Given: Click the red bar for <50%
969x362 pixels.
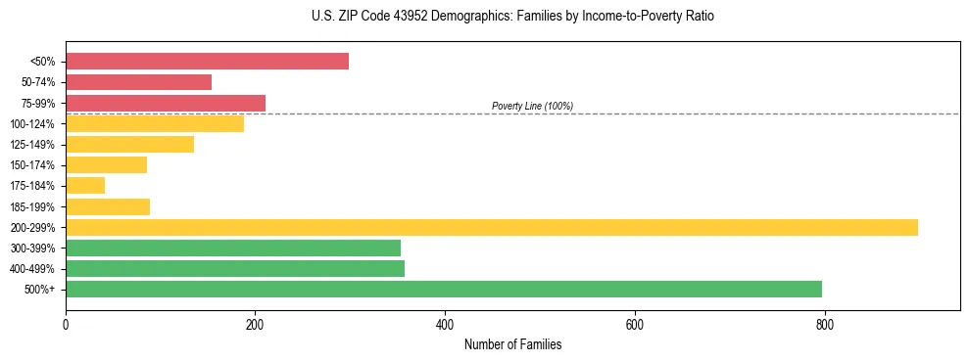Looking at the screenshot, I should tap(207, 62).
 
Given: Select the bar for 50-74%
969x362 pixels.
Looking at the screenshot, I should tap(138, 82).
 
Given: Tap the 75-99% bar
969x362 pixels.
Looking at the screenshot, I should tap(166, 103).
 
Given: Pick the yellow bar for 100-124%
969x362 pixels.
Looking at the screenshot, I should tap(155, 123).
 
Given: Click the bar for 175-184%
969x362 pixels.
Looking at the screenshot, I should tap(85, 185).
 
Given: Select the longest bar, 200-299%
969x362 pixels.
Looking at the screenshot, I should tap(492, 227).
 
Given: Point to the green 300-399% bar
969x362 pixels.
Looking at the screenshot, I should tap(233, 248).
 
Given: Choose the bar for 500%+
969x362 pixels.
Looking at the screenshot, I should tap(444, 289).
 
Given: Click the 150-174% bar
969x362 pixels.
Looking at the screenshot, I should tap(106, 164).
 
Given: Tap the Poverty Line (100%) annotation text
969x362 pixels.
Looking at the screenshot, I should tap(532, 106).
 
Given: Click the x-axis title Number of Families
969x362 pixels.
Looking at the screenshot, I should tap(512, 345).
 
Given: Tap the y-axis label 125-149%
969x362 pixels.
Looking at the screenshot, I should tap(32, 145).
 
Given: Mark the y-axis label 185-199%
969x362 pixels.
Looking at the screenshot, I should tap(32, 206).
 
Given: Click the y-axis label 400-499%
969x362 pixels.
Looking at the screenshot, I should tap(32, 269).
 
